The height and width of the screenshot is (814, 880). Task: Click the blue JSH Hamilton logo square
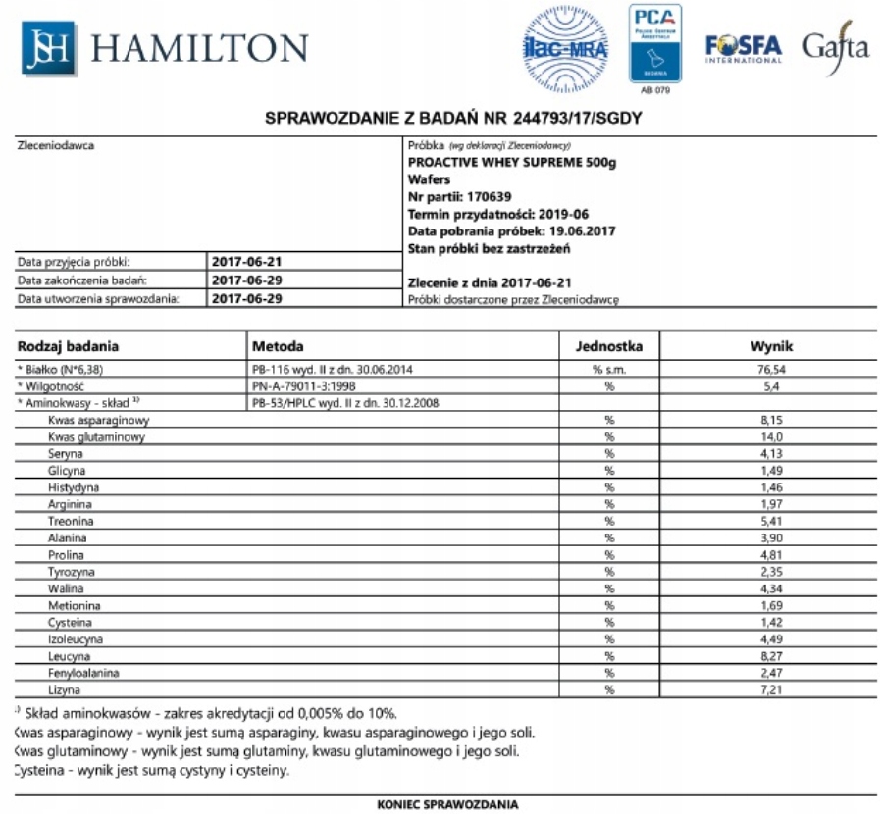pyautogui.click(x=48, y=48)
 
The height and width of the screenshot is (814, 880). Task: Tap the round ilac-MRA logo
pyautogui.click(x=564, y=47)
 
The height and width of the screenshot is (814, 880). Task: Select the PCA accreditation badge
pyautogui.click(x=654, y=44)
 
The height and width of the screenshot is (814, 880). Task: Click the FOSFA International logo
pyautogui.click(x=743, y=48)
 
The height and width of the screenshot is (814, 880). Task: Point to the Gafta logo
pyautogui.click(x=835, y=47)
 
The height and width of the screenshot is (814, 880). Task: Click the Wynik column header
pyautogui.click(x=771, y=346)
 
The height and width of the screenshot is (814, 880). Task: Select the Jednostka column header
pyautogui.click(x=608, y=346)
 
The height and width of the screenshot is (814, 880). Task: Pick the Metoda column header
pyautogui.click(x=278, y=346)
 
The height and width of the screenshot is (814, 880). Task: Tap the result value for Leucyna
pyautogui.click(x=771, y=656)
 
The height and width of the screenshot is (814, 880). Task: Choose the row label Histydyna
pyautogui.click(x=74, y=487)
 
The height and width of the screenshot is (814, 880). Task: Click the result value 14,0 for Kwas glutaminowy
pyautogui.click(x=771, y=437)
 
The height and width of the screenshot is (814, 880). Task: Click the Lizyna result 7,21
pyautogui.click(x=771, y=689)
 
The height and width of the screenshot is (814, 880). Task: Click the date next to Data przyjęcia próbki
pyautogui.click(x=247, y=262)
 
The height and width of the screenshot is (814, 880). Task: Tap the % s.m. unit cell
pyautogui.click(x=608, y=370)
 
